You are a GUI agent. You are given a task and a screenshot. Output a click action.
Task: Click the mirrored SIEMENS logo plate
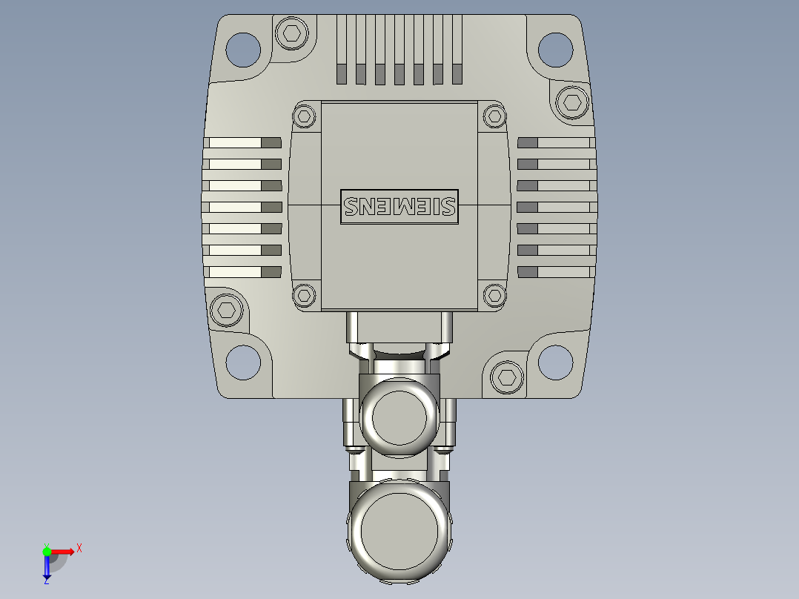399,205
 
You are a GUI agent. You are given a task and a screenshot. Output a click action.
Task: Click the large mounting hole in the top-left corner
244,49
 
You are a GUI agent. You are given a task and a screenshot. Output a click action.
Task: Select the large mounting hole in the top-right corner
555,49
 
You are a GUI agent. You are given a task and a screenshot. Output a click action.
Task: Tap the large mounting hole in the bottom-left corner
244,363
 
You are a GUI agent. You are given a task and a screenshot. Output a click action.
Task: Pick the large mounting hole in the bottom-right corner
555,363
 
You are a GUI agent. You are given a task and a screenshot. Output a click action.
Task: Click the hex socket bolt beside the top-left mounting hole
291,33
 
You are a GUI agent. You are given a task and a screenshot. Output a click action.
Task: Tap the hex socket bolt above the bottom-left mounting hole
227,310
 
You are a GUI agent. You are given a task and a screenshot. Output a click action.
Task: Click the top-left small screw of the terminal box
304,116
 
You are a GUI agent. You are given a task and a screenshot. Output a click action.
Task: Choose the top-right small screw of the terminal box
494,116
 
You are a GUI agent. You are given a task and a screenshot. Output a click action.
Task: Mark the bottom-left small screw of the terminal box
304,296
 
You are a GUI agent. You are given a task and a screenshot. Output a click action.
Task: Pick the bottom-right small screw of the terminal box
494,296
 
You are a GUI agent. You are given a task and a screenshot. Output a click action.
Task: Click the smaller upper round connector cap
399,417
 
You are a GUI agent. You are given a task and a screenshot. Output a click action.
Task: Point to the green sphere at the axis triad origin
47,551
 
